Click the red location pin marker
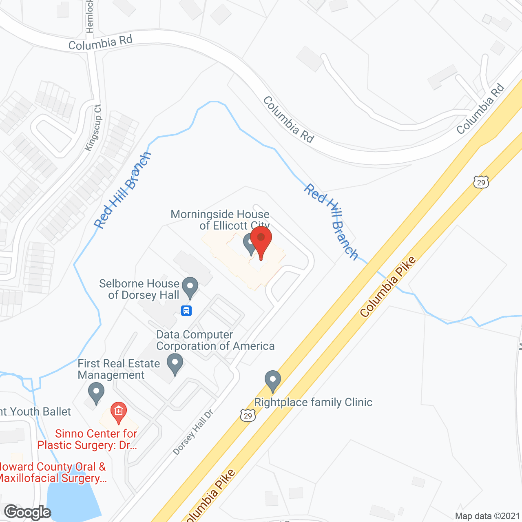pos(261,239)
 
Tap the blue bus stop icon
pos(186,311)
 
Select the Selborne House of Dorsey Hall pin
pos(190,287)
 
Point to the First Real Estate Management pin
pos(96,392)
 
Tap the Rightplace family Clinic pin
pos(273,380)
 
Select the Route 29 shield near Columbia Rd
pos(481,182)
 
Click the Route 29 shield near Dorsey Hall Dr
pos(248,415)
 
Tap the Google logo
pos(27,512)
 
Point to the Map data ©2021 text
pos(488,516)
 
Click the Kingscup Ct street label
pos(93,128)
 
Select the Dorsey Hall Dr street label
pos(193,432)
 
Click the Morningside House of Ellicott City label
pos(220,220)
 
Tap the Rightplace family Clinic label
pos(313,403)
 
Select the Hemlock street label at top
pos(90,16)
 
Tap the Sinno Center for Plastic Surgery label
pos(87,439)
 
